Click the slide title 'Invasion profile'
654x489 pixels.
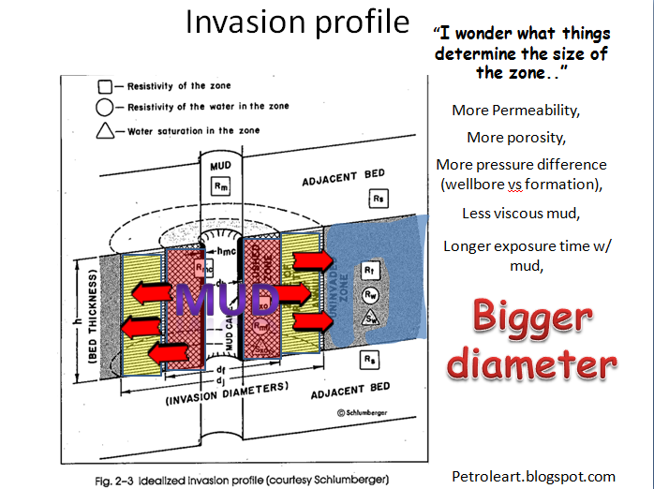coord(297,22)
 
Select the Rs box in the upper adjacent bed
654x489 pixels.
coord(377,199)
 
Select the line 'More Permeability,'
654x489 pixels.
coord(515,111)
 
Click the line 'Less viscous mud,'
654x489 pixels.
coord(521,213)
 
